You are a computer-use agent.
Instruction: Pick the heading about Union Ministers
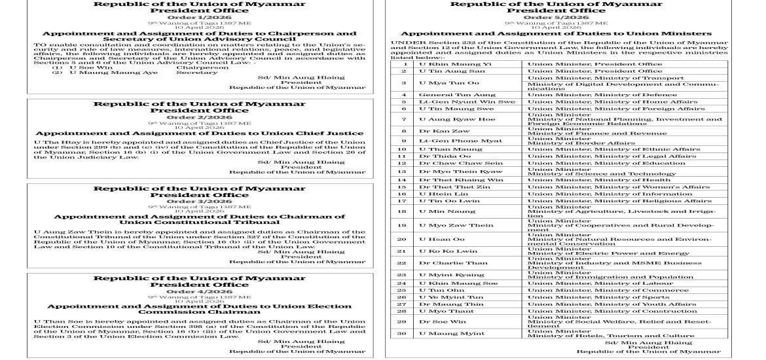[x=556, y=33]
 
